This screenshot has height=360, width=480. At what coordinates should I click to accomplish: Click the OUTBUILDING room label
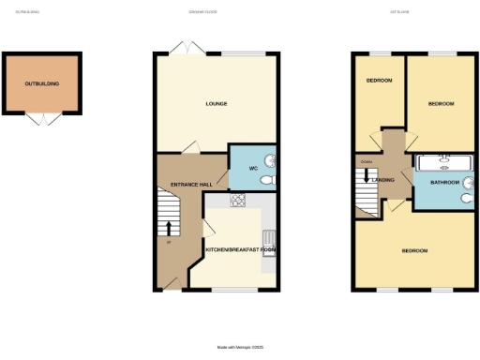click(42, 84)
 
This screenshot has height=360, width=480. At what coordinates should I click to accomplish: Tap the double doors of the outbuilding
click(42, 119)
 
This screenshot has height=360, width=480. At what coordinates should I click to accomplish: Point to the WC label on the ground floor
click(253, 169)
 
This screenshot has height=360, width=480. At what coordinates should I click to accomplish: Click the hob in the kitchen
click(237, 199)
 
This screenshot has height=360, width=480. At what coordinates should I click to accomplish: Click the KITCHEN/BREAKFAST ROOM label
click(241, 251)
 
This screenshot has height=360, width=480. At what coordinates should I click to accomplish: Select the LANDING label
click(383, 180)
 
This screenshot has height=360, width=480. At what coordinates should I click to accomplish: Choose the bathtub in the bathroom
click(445, 161)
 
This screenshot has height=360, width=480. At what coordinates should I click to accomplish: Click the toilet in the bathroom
click(466, 198)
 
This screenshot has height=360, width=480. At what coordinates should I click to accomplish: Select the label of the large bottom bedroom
click(414, 251)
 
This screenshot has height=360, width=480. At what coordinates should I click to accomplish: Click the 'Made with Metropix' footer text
click(240, 348)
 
